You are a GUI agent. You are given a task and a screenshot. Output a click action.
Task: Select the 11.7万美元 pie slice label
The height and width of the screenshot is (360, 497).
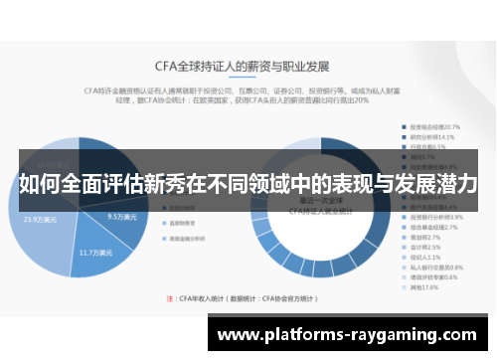(x=97, y=255)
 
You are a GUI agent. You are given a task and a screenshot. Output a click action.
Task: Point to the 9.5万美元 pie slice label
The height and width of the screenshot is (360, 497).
(x=121, y=215)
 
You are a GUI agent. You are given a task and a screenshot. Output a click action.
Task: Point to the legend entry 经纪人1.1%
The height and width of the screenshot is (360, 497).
(x=425, y=258)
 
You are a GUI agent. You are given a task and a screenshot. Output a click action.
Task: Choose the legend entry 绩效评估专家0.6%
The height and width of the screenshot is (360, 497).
(x=433, y=277)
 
